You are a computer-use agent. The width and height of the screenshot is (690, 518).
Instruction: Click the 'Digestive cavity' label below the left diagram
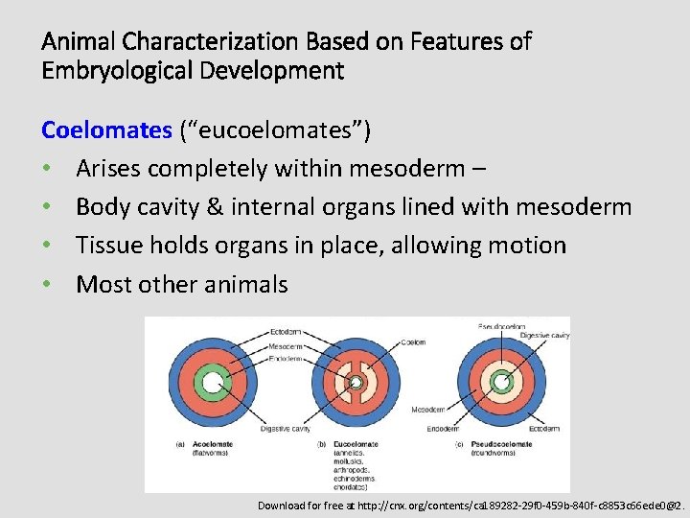point(284,429)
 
